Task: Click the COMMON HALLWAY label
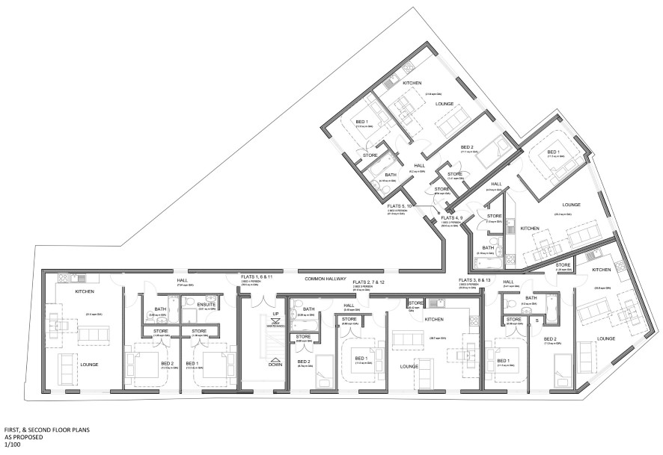pos(323,279)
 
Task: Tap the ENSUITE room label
pos(205,304)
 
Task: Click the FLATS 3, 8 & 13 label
pos(474,279)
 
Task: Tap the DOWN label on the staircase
pos(275,364)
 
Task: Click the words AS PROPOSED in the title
pos(23,439)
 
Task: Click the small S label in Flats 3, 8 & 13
pos(537,321)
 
